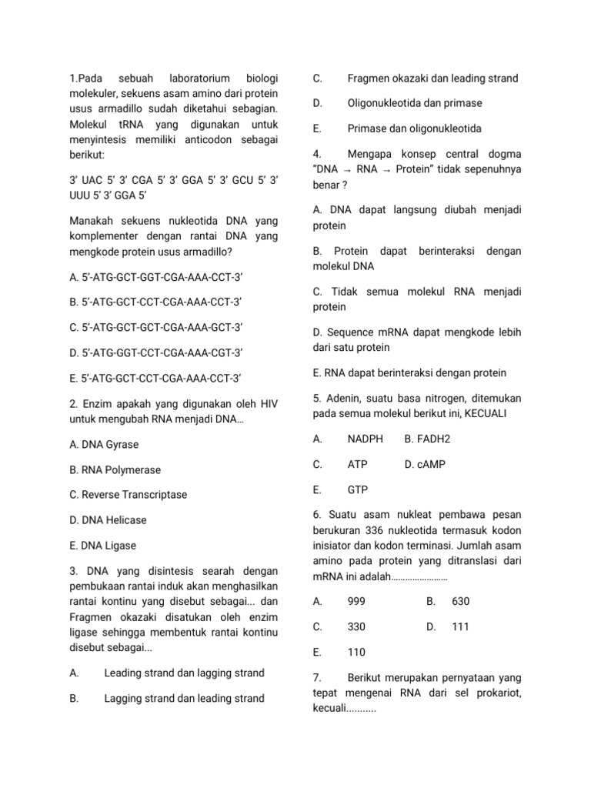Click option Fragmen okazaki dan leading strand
click(x=432, y=78)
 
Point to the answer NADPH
click(x=365, y=439)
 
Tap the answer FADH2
click(x=427, y=439)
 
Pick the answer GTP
click(x=357, y=489)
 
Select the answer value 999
click(x=356, y=601)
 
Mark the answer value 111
click(x=460, y=626)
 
